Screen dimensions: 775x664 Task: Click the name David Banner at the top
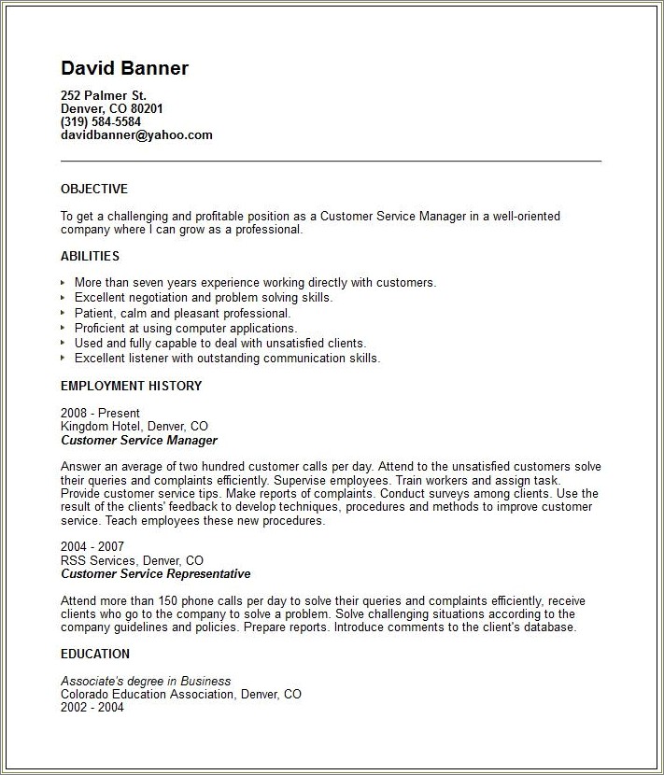[x=124, y=68]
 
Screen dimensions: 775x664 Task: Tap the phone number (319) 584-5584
[x=101, y=121]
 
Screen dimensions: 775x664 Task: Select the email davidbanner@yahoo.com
[x=136, y=134]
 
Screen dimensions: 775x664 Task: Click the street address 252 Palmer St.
[x=104, y=95]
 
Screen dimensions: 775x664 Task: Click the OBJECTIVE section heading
[x=94, y=189]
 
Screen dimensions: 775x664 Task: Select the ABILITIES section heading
[x=90, y=256]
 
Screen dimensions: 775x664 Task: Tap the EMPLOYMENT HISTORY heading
[x=131, y=386]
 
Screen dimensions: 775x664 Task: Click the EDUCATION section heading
[x=95, y=654]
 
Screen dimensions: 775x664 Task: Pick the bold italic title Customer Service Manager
[x=139, y=440]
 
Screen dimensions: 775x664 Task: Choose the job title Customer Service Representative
[x=156, y=573]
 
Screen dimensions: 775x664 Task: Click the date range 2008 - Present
[x=100, y=413]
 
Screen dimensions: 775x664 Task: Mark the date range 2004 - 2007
[x=92, y=546]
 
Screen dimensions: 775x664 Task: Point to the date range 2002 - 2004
[x=92, y=708]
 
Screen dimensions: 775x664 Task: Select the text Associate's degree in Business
[x=146, y=681]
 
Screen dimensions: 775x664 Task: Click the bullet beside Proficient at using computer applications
[x=64, y=329]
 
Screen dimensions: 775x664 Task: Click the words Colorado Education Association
[x=148, y=695]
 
